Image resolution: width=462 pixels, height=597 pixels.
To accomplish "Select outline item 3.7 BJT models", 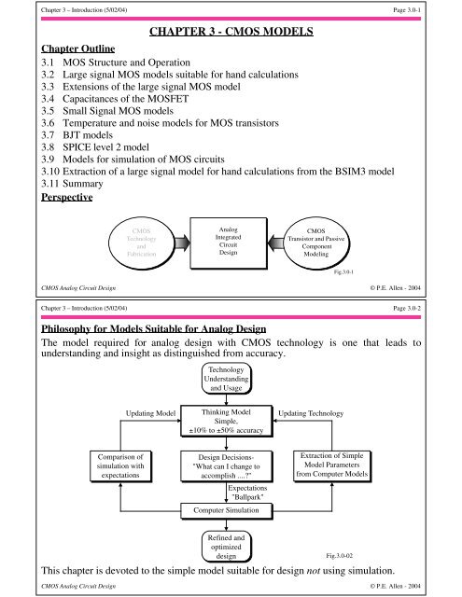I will tap(65, 146).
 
